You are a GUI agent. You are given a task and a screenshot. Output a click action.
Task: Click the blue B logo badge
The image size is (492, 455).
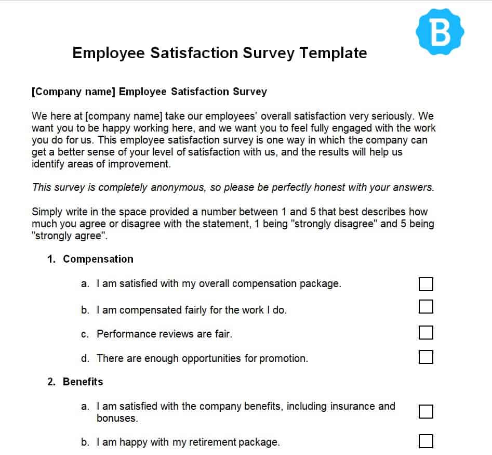440,32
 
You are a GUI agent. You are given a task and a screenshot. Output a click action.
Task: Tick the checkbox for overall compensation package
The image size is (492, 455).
425,284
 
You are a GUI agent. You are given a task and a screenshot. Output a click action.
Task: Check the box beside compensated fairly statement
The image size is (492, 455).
425,307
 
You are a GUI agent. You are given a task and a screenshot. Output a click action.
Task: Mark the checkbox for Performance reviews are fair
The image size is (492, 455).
425,332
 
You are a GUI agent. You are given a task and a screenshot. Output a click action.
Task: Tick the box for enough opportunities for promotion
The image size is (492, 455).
425,357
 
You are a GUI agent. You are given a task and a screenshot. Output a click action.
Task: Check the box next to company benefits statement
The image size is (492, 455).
425,411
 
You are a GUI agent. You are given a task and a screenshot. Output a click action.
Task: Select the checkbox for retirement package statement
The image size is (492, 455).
425,441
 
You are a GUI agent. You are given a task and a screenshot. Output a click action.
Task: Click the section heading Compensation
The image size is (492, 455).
98,259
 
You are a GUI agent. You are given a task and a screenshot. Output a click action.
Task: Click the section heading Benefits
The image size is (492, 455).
83,382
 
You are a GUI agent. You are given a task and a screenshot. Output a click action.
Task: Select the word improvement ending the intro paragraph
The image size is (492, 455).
140,164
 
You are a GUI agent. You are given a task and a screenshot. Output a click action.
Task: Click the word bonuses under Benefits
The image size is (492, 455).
117,418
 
